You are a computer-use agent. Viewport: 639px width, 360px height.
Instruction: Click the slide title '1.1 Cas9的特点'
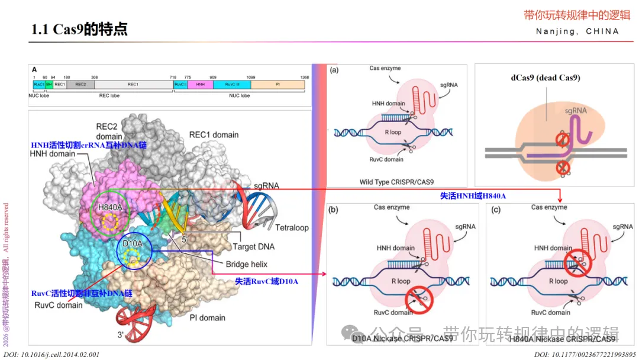coord(79,29)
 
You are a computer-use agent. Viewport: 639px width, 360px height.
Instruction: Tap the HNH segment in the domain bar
coord(199,85)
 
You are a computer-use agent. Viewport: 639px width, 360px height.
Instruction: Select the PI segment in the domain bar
coord(277,85)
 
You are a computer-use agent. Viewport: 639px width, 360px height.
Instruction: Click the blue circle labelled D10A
coord(134,251)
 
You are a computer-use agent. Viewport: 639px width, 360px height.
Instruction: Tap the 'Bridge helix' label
coord(247,264)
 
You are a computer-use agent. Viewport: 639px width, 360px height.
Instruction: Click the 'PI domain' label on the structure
coord(207,318)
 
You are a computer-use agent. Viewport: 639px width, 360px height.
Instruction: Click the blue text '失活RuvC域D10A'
coord(267,281)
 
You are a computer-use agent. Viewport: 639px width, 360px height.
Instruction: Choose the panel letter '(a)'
coord(335,70)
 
